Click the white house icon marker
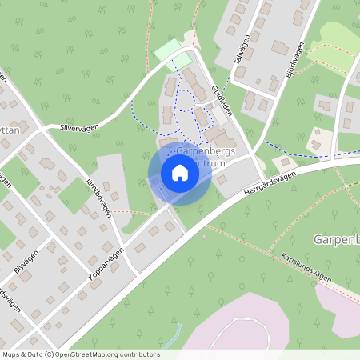(x=180, y=172)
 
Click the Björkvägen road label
(x=294, y=61)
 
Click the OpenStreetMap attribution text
(x=81, y=354)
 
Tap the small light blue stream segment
(x=177, y=331)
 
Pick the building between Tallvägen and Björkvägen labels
(x=280, y=47)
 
